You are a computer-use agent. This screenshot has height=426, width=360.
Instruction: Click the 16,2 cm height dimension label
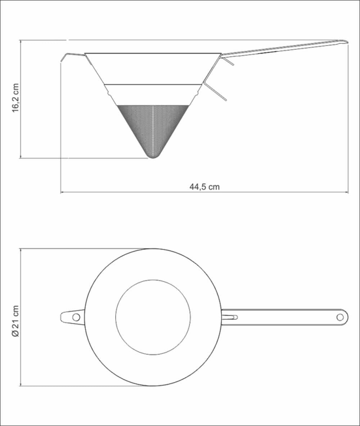pos(15,98)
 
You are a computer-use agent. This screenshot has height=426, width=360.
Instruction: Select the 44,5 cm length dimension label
pos(204,187)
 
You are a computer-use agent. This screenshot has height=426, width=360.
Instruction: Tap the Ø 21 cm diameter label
pos(15,321)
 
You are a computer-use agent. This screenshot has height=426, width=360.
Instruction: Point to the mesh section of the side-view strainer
pos(153,128)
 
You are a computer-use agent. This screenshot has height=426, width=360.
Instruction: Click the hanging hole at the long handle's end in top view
pos(340,317)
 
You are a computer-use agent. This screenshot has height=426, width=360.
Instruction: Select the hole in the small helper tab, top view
pos(76,317)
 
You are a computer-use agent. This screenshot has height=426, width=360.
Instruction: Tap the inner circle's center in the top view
pos(153,317)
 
